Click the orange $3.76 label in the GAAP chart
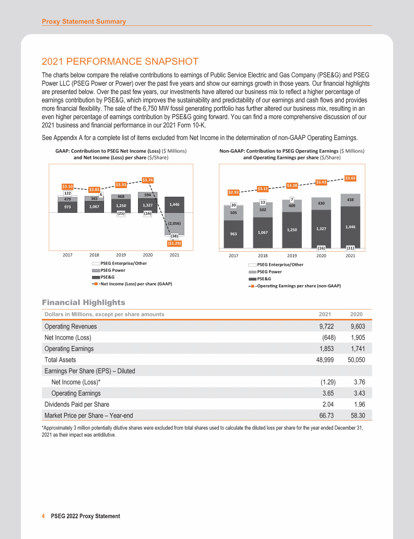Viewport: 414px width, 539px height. pos(147,179)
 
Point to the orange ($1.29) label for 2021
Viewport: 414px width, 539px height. pos(174,243)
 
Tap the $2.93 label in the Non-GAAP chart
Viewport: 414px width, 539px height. pos(234,191)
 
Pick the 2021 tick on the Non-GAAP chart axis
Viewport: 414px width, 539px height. pos(350,255)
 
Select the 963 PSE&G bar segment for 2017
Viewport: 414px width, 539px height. pos(234,234)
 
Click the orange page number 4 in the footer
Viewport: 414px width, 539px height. pos(43,516)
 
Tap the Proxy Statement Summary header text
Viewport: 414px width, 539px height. pos(84,22)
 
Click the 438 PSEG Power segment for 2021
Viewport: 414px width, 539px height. pos(350,199)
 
